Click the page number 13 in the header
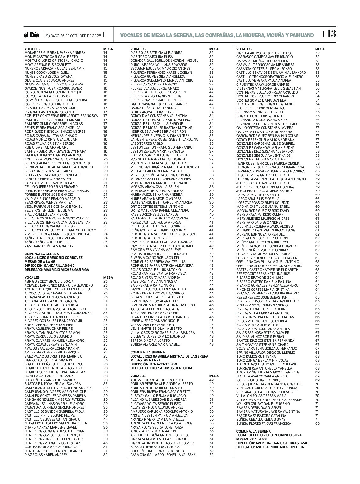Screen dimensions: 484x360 (332, 34)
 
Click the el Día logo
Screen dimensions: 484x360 (31, 35)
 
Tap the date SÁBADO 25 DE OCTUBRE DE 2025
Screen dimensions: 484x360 (73, 36)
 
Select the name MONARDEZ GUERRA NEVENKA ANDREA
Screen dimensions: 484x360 (55, 53)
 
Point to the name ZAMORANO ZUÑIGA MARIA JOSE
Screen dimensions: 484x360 (50, 246)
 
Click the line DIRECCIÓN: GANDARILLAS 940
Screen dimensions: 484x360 (49, 265)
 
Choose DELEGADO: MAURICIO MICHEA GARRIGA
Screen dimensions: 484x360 (57, 270)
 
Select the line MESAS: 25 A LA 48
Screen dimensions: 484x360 (40, 262)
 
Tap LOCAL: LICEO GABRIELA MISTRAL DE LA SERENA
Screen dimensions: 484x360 (169, 356)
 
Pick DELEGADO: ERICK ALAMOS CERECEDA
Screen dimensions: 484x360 (161, 368)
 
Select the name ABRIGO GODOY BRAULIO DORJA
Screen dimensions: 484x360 (49, 281)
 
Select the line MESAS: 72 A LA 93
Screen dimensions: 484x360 (252, 439)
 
